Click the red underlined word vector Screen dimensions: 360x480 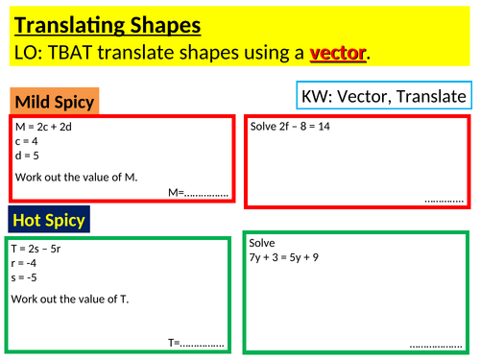(338, 54)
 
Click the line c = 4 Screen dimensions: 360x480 (27, 140)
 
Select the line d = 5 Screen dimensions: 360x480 (27, 154)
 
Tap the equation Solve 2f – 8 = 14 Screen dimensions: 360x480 (290, 127)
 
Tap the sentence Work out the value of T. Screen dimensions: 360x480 (70, 299)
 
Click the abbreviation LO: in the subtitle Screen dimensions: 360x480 (30, 54)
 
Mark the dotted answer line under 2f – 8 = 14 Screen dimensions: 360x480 (444, 200)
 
